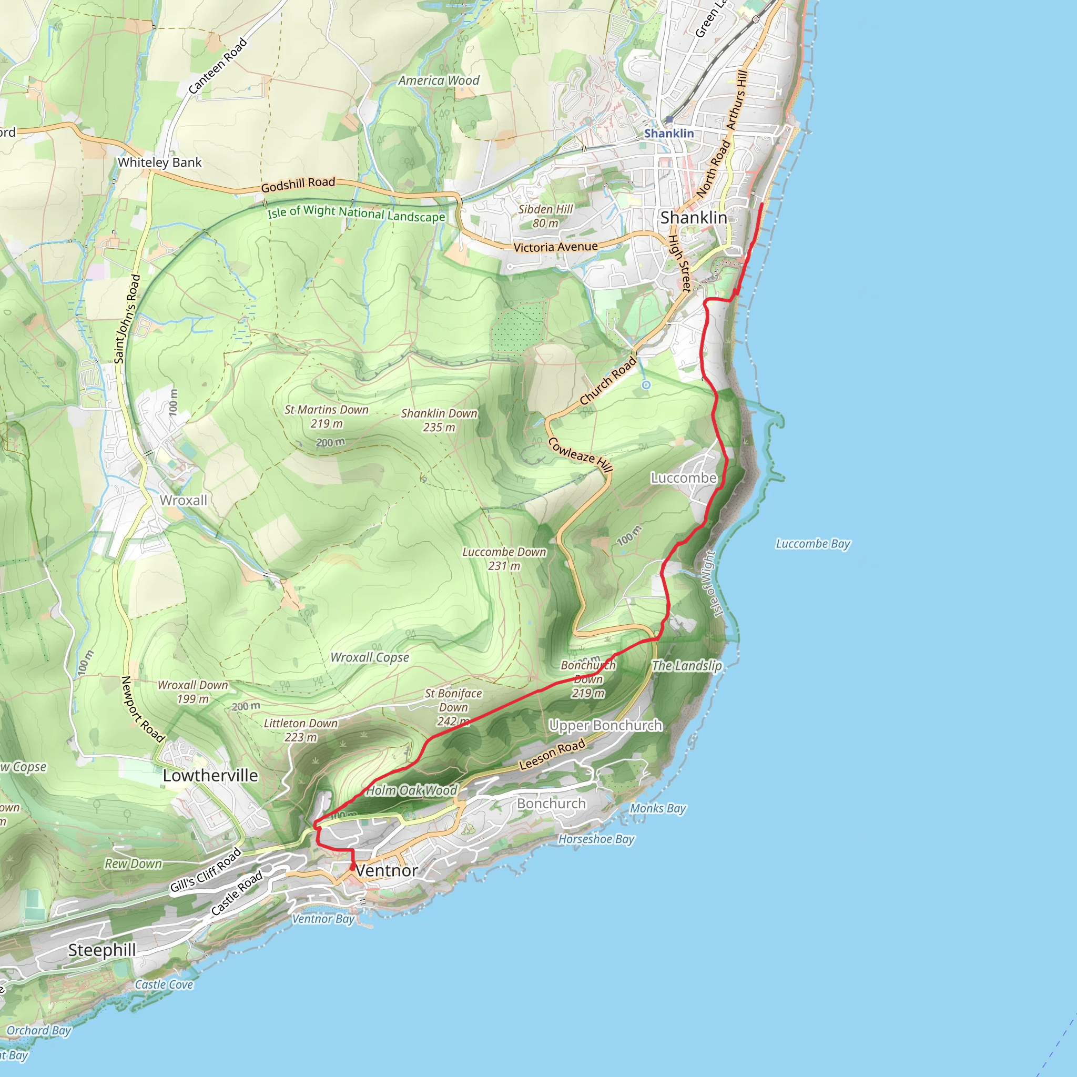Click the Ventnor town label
point(387,871)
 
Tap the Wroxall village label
point(184,501)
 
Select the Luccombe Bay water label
point(813,544)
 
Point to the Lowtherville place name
point(210,776)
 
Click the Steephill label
point(102,950)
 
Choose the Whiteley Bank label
point(159,162)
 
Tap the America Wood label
point(439,81)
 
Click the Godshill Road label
point(298,185)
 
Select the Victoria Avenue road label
point(555,247)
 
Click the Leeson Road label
point(552,754)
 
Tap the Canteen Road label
point(217,66)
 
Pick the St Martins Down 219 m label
point(327,416)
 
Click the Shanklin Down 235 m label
point(439,420)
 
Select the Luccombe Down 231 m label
point(504,558)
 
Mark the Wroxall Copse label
point(370,658)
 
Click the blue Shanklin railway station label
point(669,133)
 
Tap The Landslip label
point(687,666)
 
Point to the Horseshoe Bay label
point(596,839)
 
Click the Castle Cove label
point(164,985)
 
